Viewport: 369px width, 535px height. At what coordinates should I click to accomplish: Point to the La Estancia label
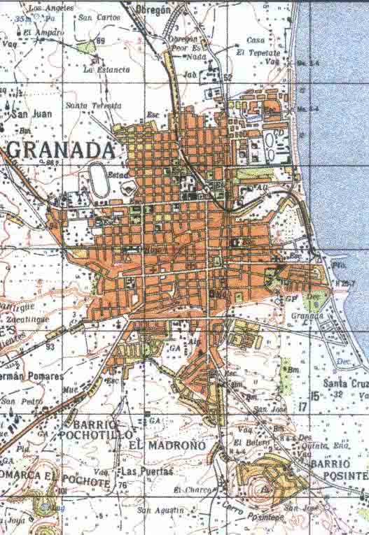106,69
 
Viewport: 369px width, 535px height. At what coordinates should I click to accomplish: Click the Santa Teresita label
93,105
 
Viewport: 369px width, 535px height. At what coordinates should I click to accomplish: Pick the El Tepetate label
258,53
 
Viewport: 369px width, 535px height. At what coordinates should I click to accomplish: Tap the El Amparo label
43,32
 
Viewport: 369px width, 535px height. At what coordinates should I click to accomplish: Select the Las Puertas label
147,471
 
